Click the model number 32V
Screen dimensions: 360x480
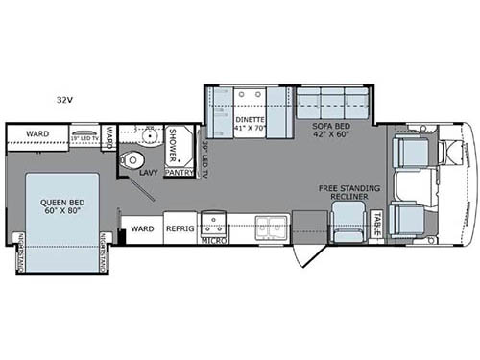[x=64, y=99]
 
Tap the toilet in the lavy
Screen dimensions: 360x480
[x=134, y=159]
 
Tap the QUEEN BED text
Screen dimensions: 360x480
[x=60, y=206]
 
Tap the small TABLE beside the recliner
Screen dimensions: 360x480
[x=378, y=225]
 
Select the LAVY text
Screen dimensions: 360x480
[x=147, y=174]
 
